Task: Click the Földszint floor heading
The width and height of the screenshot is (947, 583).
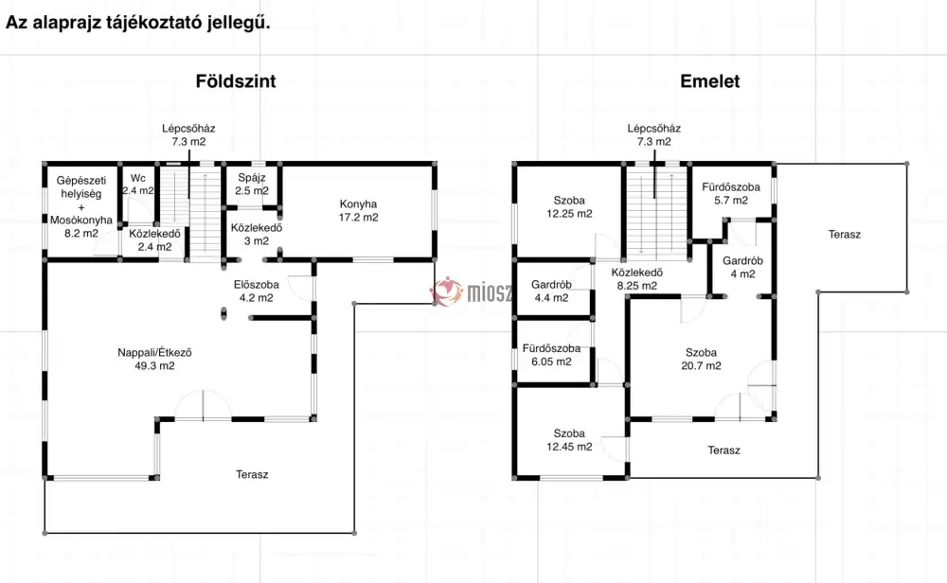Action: coord(236,81)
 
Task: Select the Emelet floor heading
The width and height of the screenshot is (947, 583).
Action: coord(709,81)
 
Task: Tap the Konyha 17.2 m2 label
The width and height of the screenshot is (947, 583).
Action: coord(358,211)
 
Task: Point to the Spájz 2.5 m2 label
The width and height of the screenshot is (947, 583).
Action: coord(252,184)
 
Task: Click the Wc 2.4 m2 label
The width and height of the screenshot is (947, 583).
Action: coord(137,184)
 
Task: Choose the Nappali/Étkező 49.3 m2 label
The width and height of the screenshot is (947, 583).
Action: coord(154,359)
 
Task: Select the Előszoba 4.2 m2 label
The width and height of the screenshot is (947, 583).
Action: coord(256,291)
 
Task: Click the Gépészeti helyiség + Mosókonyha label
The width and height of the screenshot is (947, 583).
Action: coord(80,206)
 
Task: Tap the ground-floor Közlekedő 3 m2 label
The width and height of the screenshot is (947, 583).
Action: coord(256,234)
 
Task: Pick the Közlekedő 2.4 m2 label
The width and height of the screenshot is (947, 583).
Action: coord(154,240)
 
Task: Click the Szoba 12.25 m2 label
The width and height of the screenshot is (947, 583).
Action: coord(569,207)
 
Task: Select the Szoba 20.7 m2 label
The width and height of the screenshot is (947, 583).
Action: coord(701,359)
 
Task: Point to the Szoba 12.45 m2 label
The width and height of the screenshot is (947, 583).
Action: coord(569,440)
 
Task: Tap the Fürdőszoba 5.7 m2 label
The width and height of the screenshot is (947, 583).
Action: coord(731,194)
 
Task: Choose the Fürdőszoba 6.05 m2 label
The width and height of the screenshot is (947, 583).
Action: coord(551,355)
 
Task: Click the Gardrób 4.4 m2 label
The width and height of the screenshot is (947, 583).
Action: coord(551,291)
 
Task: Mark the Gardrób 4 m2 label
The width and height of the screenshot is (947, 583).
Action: coord(742,267)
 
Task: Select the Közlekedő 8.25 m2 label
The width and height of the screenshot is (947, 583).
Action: coord(636,279)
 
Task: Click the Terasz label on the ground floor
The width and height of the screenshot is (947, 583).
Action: coord(252,474)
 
